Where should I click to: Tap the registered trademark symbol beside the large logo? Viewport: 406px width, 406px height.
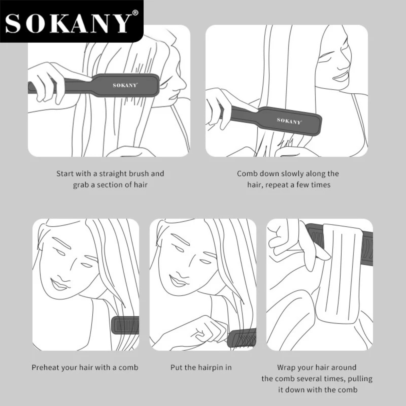(x=136, y=13)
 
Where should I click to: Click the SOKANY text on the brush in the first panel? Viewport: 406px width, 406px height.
(x=125, y=85)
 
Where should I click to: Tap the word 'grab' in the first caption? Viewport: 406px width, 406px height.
(x=81, y=185)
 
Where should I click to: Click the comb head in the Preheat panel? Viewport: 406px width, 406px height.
(x=125, y=325)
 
